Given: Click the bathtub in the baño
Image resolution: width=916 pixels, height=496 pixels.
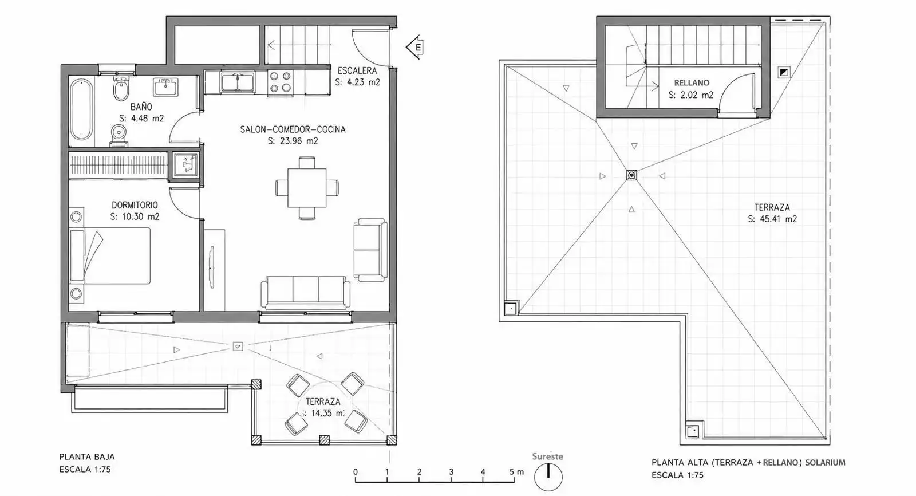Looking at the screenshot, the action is (x=81, y=109).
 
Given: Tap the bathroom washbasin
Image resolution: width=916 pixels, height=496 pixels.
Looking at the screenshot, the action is (x=165, y=86).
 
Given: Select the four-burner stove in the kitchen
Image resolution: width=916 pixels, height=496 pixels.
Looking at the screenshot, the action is (x=280, y=82).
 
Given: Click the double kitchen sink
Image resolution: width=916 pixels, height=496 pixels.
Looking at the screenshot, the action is (x=238, y=81).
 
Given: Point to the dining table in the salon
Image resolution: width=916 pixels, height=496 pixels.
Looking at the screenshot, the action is (x=307, y=188).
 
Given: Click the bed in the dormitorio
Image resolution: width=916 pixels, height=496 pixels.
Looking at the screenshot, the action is (x=109, y=256).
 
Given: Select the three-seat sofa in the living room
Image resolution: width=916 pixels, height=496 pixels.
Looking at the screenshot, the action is (x=306, y=292).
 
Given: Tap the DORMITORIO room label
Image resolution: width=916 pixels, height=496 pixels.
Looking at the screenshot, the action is (x=135, y=205).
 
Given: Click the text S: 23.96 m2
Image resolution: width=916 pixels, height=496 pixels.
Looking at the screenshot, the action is (x=293, y=141).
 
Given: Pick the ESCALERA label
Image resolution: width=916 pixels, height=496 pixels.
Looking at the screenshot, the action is (x=357, y=71).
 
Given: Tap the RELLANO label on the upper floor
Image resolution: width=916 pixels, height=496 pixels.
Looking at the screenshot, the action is (x=692, y=82).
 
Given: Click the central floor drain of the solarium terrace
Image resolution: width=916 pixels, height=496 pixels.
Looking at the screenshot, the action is (x=632, y=176).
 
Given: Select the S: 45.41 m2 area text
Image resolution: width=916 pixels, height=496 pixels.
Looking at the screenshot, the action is (x=772, y=219).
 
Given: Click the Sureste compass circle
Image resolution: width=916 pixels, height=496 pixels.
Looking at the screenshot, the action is (x=548, y=477).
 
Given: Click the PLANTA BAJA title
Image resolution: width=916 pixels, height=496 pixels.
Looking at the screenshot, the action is (x=86, y=456).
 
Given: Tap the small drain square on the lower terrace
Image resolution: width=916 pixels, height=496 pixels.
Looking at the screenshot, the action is (x=238, y=346).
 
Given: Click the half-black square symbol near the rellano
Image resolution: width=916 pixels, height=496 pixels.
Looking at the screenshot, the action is (x=784, y=73).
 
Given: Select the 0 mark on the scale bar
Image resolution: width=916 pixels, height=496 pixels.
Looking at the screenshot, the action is (x=356, y=472).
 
